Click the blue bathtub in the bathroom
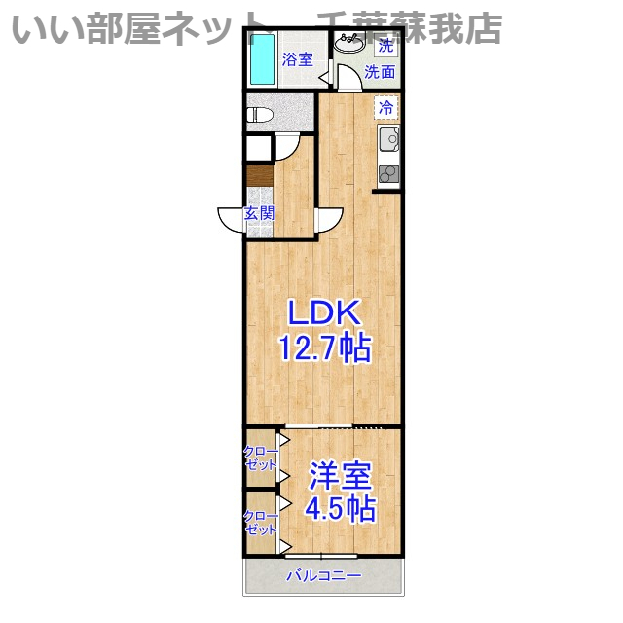(x=260, y=59)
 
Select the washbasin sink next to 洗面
(x=348, y=45)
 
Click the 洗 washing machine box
(x=386, y=45)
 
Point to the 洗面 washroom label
(x=380, y=72)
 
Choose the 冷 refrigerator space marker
(x=386, y=107)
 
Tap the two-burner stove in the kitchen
(x=388, y=174)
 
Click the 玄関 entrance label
(x=259, y=214)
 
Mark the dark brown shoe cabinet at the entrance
(x=259, y=175)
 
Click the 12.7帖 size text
(x=323, y=348)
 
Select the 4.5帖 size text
(x=340, y=508)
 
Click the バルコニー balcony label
(x=323, y=576)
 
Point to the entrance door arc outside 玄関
(x=230, y=221)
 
